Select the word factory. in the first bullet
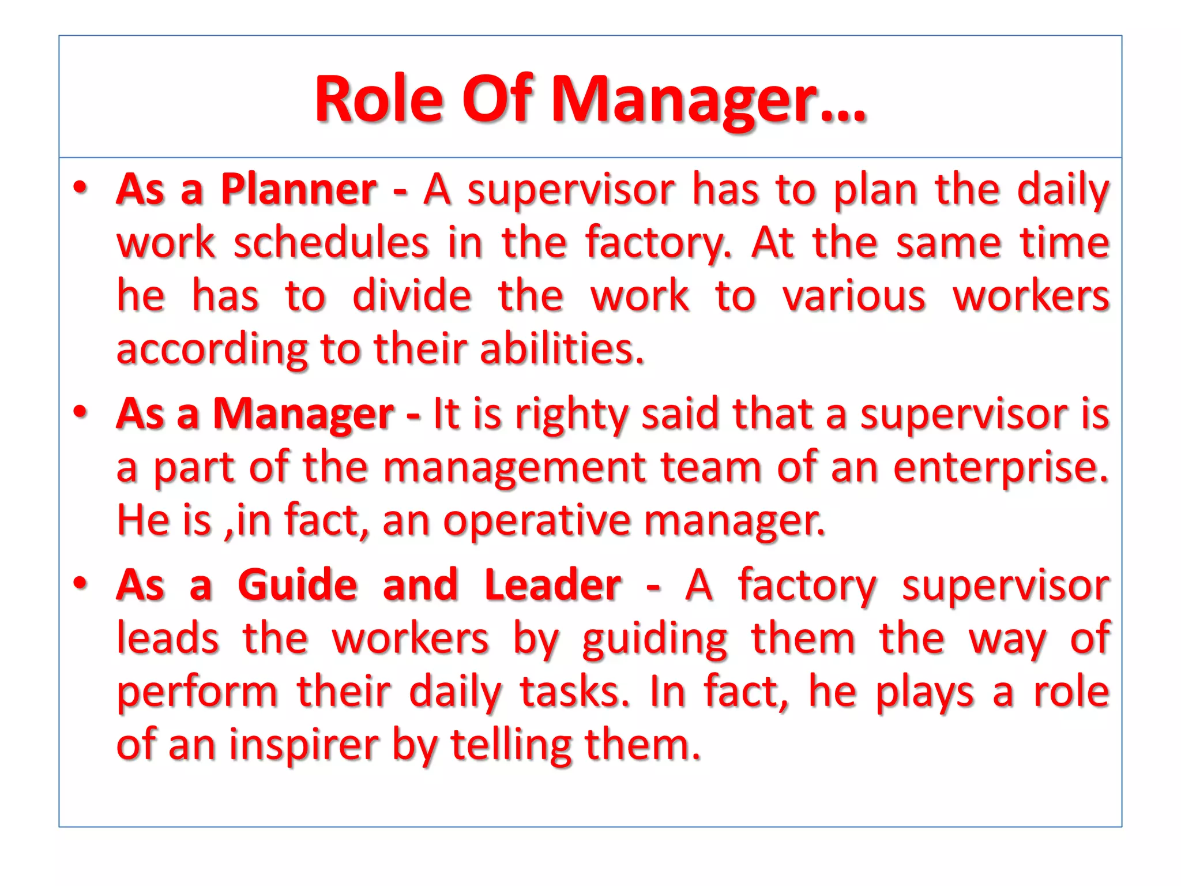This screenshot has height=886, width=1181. coord(658,243)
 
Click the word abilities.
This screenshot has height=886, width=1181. coord(562,349)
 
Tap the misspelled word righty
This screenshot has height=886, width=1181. coord(570,415)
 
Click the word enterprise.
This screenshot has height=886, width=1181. coord(1001,468)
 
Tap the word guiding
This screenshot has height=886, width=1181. coord(655,640)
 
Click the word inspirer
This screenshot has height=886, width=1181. coord(304,745)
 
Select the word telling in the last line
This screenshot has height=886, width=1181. coord(511,745)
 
